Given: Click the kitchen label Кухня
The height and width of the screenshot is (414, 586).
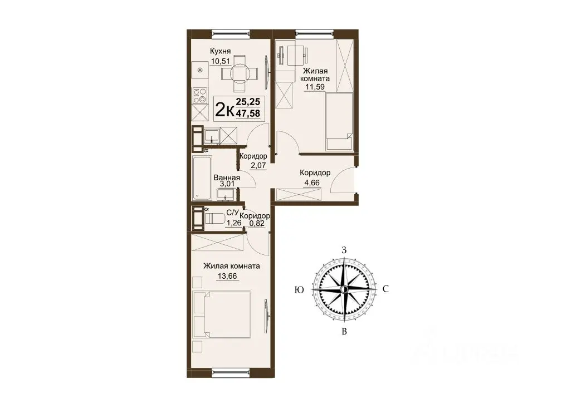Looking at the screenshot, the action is tap(220, 51).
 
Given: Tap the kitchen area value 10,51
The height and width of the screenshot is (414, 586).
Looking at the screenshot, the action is tap(219, 61).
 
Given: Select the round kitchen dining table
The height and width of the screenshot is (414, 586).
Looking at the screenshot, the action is tap(240, 73).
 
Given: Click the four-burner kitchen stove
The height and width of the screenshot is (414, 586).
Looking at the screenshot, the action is tap(200, 95).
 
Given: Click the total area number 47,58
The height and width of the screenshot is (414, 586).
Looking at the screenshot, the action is tap(248, 113).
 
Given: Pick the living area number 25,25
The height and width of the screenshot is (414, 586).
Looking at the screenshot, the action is tap(248, 101).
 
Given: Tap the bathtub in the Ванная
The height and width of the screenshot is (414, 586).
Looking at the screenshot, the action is tap(202, 178).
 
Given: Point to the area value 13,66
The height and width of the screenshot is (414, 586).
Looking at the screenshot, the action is tap(227, 276).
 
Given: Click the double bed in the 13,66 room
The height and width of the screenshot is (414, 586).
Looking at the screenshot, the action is tap(222, 315).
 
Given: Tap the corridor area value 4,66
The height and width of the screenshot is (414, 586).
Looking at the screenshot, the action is tap(311, 183).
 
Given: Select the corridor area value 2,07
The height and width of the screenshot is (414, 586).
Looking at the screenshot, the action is tap(258, 165).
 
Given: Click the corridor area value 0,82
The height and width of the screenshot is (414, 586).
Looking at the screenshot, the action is tap(257, 224).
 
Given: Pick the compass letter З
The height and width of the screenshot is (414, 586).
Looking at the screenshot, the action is tap(344, 250).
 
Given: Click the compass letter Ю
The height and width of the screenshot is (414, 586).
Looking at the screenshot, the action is tap(299, 290).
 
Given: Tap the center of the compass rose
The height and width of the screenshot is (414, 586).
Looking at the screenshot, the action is tap(344, 289).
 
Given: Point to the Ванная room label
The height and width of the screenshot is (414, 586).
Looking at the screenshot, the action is tap(227, 178).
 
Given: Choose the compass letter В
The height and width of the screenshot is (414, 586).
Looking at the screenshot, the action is tap(345, 332).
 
